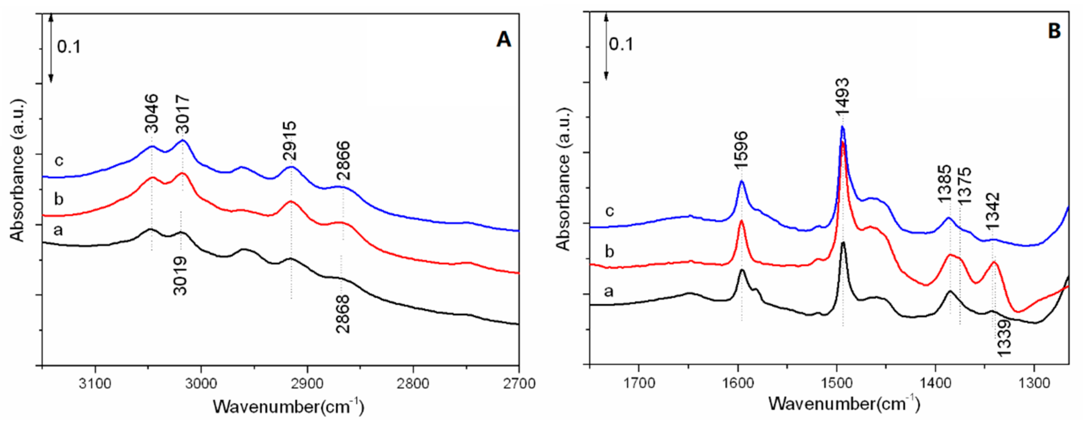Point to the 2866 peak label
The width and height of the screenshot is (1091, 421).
pyautogui.click(x=343, y=161)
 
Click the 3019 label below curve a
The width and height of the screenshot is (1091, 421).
pyautogui.click(x=180, y=276)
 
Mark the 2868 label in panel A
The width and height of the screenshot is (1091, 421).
pyautogui.click(x=343, y=314)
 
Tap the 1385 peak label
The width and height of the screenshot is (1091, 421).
pyautogui.click(x=944, y=185)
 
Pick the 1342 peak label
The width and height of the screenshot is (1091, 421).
pyautogui.click(x=992, y=211)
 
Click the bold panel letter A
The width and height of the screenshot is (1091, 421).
pyautogui.click(x=503, y=40)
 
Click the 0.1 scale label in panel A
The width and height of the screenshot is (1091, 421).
pyautogui.click(x=69, y=47)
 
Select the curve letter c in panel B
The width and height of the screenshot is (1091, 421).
pyautogui.click(x=610, y=210)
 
